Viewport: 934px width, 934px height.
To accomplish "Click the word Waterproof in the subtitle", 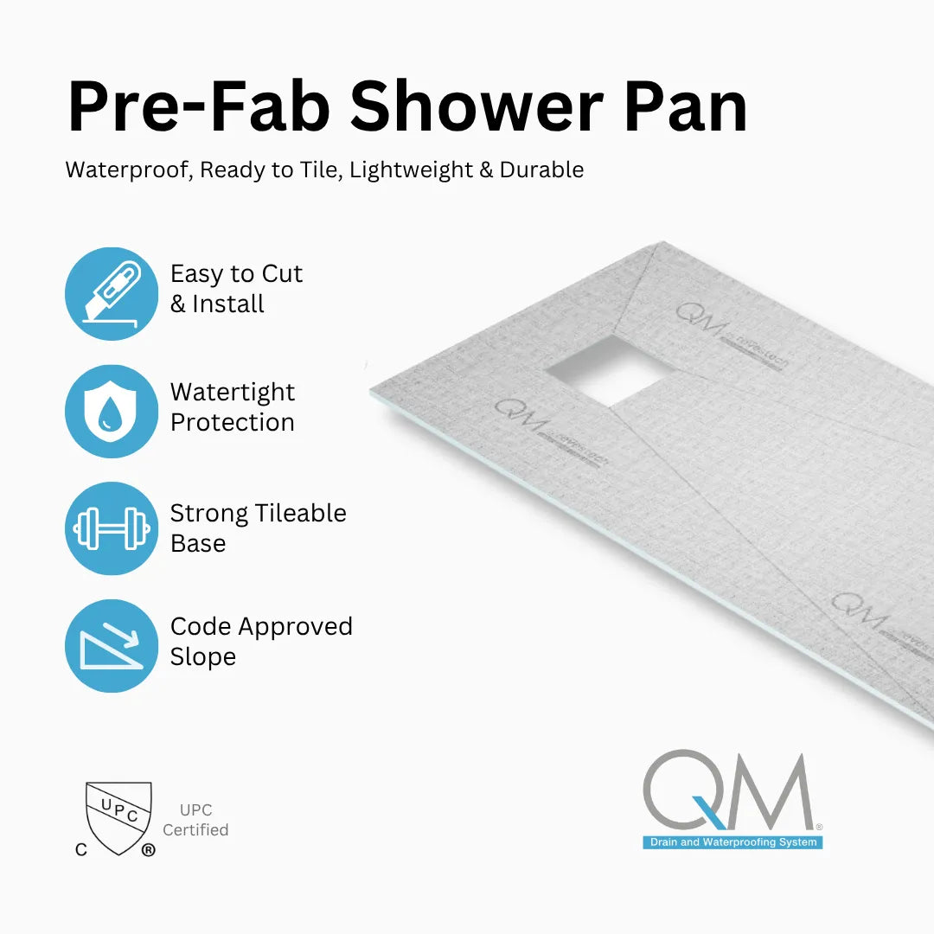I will (x=126, y=170).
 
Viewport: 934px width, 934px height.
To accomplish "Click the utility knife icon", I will (x=112, y=294).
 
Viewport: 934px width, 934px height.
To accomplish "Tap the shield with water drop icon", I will (x=112, y=412).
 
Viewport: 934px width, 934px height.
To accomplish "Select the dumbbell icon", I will (x=112, y=528).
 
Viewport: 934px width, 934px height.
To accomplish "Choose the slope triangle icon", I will (x=112, y=646).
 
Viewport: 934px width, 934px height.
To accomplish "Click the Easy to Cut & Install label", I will (x=236, y=289).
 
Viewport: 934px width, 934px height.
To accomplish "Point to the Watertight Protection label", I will (x=233, y=406).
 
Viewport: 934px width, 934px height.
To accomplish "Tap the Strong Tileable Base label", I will (x=258, y=528).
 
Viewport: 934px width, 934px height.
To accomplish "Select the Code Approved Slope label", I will (x=261, y=641).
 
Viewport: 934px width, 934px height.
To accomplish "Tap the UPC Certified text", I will (x=195, y=820).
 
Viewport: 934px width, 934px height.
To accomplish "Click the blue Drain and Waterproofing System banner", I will (x=732, y=842).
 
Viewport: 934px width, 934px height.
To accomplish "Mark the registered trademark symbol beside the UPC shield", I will (x=148, y=850).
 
